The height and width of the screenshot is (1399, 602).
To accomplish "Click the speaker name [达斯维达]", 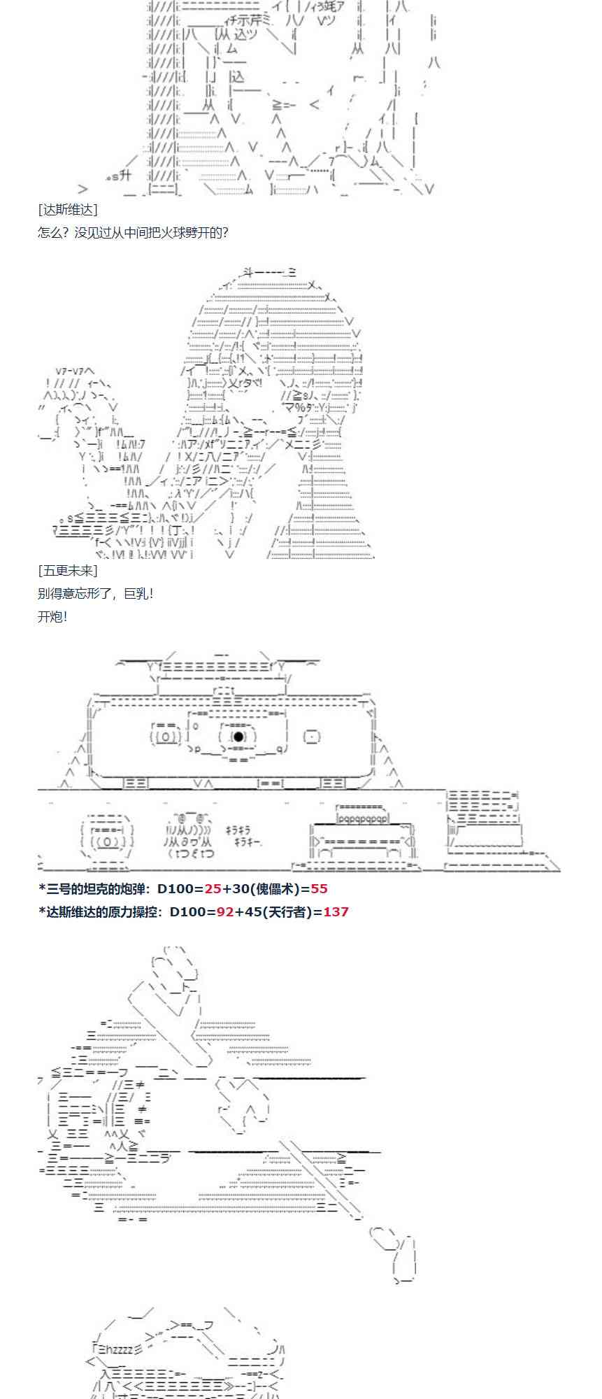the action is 68,209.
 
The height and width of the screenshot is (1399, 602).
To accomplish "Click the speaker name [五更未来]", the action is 68,571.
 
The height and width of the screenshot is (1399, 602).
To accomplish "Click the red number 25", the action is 213,888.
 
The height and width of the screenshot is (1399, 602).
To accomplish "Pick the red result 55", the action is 320,888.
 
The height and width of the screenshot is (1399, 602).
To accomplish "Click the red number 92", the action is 225,911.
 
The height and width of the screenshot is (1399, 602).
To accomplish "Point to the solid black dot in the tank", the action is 238,737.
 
